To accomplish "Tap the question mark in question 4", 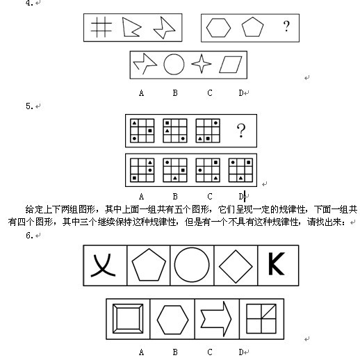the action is [286, 26].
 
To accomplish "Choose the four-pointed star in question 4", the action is [202, 64].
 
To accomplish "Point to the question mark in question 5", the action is [241, 131].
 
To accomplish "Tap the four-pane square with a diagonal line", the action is [261, 319].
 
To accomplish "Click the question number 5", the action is [30, 106].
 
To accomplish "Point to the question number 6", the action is [30, 236].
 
